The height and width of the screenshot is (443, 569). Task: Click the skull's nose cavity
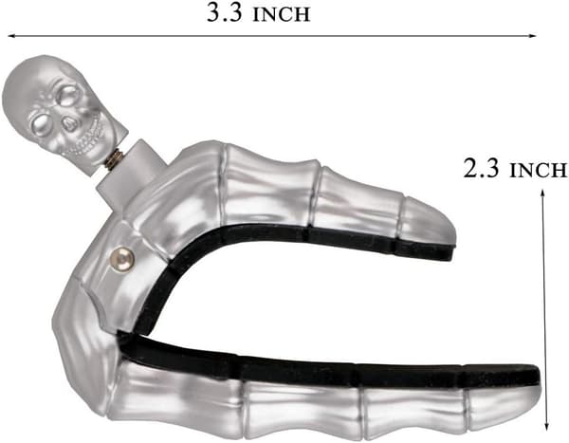tap(68, 125)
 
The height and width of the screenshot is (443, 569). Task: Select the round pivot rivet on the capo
tap(122, 259)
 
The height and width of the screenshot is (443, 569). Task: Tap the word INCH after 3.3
tap(281, 15)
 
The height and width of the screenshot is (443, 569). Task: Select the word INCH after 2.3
tap(538, 170)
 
